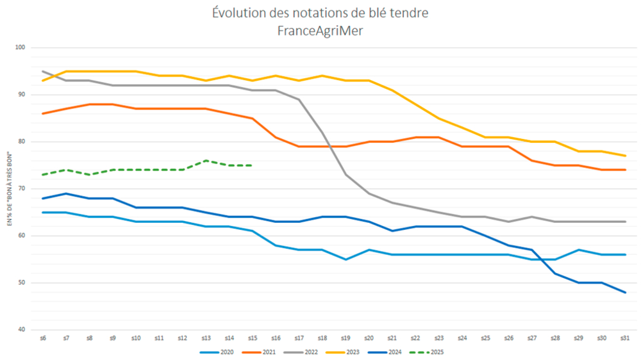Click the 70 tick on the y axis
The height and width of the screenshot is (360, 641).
pyautogui.click(x=21, y=189)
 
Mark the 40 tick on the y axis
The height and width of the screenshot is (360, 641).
pyautogui.click(x=21, y=330)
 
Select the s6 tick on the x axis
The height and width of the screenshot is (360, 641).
pyautogui.click(x=42, y=338)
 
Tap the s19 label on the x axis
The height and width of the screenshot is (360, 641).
pyautogui.click(x=345, y=338)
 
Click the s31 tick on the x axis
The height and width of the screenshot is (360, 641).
pyautogui.click(x=626, y=338)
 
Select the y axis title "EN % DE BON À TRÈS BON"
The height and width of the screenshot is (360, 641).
pyautogui.click(x=10, y=188)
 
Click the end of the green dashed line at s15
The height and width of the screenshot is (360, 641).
pyautogui.click(x=253, y=165)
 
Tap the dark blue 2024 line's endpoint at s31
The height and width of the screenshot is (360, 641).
pyautogui.click(x=626, y=292)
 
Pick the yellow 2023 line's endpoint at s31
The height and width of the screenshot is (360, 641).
pyautogui.click(x=626, y=156)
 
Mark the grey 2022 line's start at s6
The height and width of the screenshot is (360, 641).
pyautogui.click(x=42, y=71)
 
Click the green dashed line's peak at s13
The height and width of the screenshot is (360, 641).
pyautogui.click(x=206, y=161)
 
